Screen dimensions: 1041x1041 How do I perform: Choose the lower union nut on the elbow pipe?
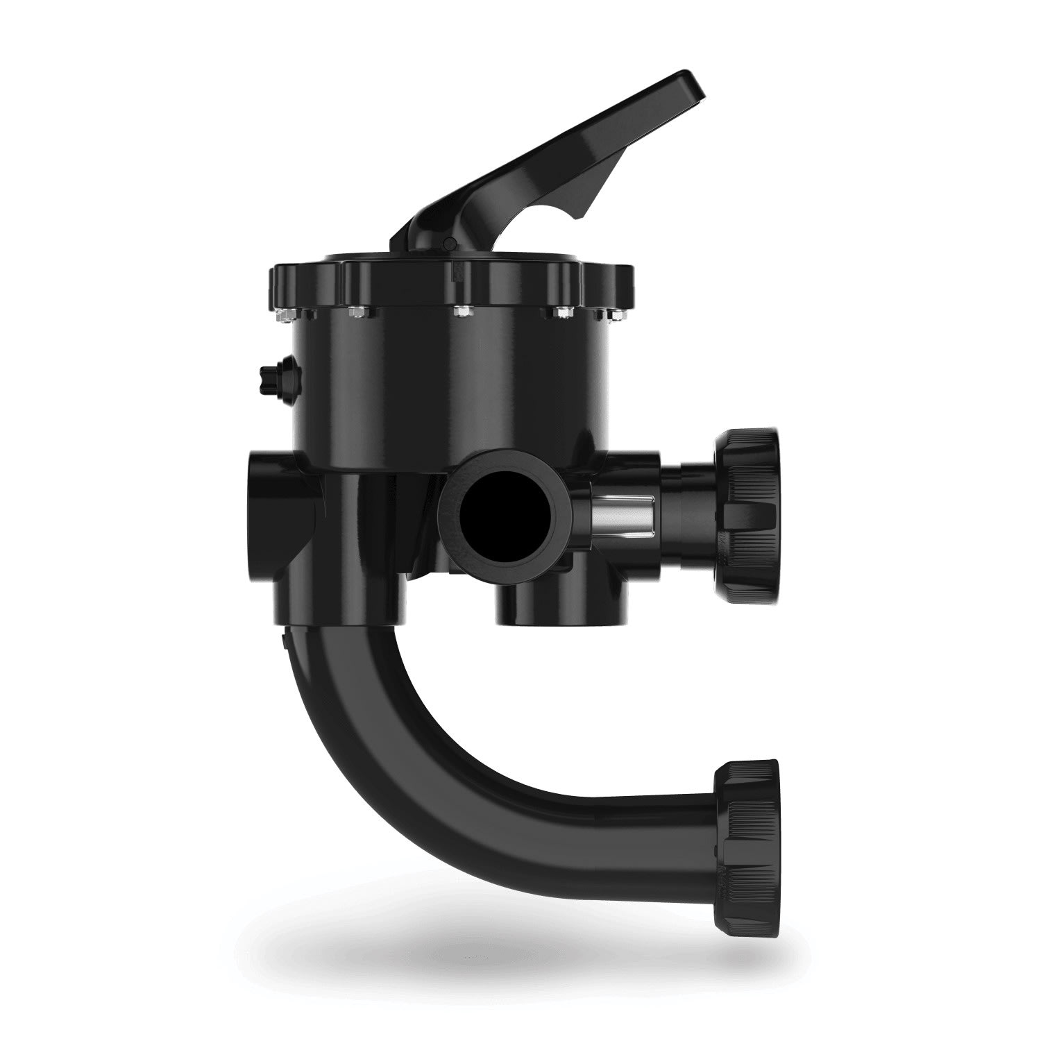click(746, 838)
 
